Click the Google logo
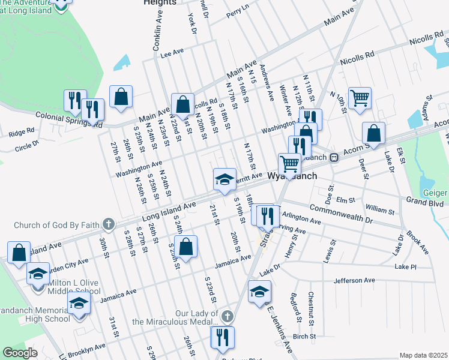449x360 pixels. (x=20, y=353)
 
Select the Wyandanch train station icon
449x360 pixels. (x=334, y=158)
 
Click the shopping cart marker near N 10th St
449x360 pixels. (x=359, y=97)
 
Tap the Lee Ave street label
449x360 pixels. (x=171, y=53)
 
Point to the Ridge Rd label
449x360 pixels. (x=22, y=131)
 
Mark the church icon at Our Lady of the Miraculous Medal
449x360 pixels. (x=227, y=316)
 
